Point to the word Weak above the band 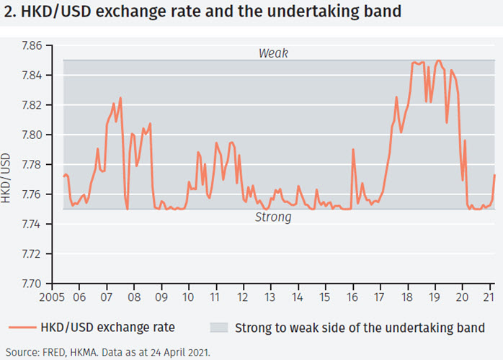tap(273, 53)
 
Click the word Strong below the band tap(273, 217)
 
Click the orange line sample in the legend tap(25, 328)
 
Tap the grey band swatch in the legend tap(218, 328)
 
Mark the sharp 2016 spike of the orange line tap(353, 150)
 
